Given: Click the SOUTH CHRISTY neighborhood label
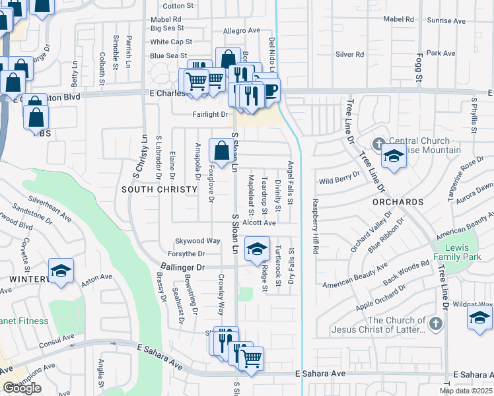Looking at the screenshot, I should tap(159, 189).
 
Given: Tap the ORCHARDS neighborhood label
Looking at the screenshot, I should tap(397, 201).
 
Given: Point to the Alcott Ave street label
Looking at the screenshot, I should tap(259, 223).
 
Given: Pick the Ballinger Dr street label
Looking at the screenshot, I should tap(183, 267).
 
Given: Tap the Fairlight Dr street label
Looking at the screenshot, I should tap(210, 114).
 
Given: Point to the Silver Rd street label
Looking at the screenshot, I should tap(350, 54).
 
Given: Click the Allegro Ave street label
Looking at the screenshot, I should tap(242, 31).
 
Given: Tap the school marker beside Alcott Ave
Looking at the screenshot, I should tap(257, 249).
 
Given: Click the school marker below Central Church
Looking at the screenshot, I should tap(393, 157).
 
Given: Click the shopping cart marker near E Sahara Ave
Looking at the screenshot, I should tap(251, 358).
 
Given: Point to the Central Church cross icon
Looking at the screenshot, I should tap(379, 143).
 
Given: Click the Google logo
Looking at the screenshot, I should tap(22, 388).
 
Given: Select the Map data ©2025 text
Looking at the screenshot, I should tap(466, 391).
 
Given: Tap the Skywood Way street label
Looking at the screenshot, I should tap(197, 241).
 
